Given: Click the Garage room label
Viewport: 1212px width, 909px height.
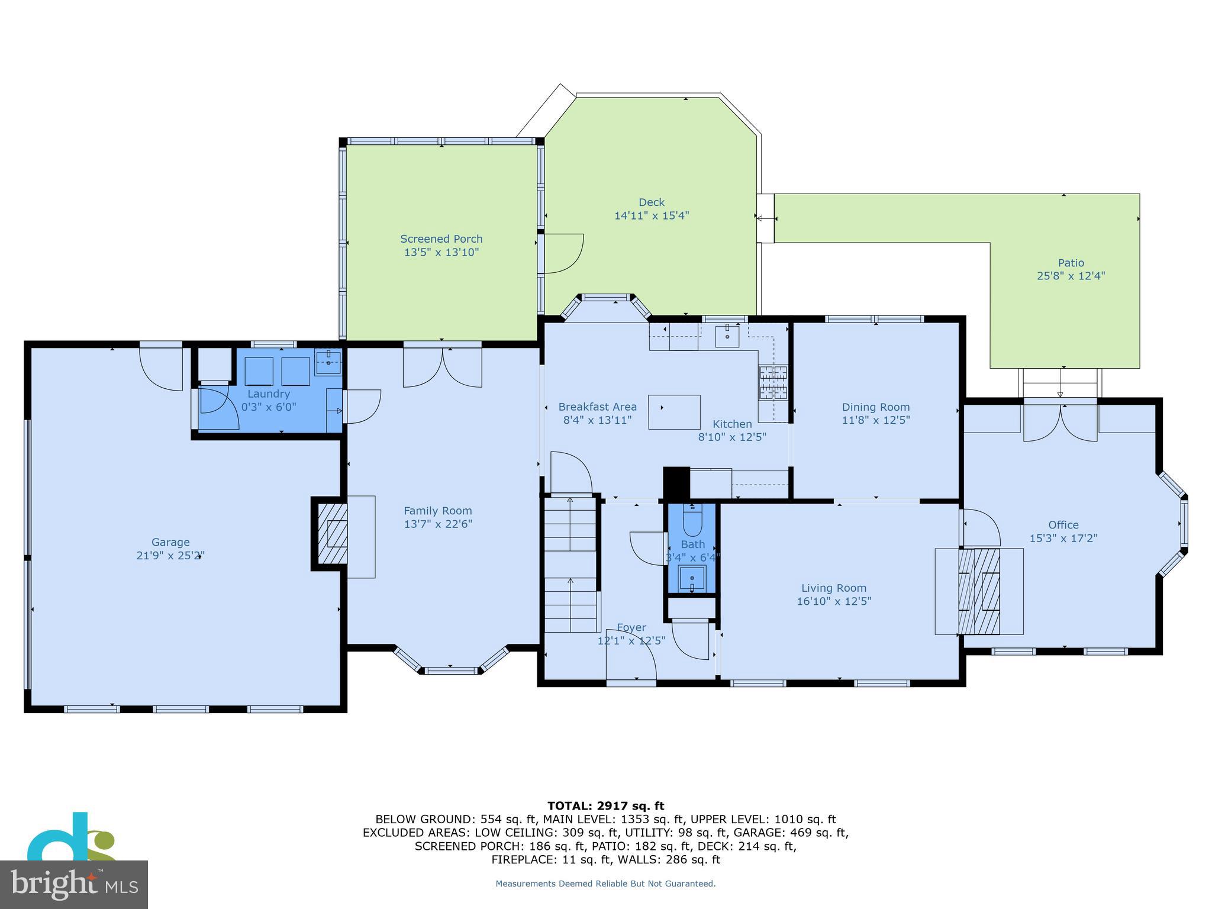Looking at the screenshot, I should (x=170, y=542).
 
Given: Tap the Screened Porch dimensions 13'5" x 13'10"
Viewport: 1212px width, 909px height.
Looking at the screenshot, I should (x=441, y=253).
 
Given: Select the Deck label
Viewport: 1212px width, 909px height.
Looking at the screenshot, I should (x=652, y=202).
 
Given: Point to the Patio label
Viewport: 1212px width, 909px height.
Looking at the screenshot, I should (x=1071, y=263).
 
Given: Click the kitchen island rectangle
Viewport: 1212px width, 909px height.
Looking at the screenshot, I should (x=674, y=412).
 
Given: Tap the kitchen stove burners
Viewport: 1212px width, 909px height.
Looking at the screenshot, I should (x=774, y=382).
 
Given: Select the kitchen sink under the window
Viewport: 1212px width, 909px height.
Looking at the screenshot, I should (x=727, y=336).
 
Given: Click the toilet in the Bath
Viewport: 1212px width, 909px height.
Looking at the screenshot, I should (x=692, y=520).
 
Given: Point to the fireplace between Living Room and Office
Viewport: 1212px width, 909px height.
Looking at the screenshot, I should (x=979, y=591).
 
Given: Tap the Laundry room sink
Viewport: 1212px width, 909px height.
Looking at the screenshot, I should (x=328, y=362).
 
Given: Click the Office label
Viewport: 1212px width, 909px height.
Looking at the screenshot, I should (x=1063, y=525).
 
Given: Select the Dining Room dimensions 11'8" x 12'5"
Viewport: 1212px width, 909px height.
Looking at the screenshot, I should (x=875, y=420).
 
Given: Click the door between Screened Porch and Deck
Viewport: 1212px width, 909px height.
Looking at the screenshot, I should (x=562, y=253).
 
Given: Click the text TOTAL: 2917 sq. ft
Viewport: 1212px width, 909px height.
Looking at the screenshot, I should (x=605, y=806).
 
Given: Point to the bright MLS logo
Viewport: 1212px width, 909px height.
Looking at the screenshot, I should (x=74, y=884).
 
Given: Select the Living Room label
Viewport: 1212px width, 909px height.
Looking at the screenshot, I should (x=833, y=588).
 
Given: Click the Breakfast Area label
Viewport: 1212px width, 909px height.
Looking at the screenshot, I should (x=597, y=407).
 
